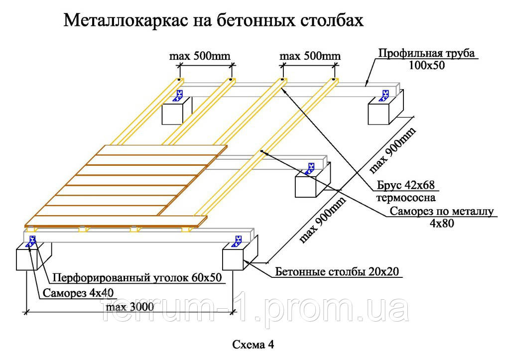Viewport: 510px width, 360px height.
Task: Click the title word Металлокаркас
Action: [126, 20]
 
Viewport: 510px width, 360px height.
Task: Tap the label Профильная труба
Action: [426, 53]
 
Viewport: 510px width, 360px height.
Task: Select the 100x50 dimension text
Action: [426, 65]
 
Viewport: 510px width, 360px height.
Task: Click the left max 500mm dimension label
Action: [200, 56]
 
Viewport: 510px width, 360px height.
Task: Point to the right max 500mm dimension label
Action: [310, 56]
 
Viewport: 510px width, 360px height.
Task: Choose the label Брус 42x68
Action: [405, 185]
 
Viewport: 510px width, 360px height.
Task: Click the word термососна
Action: [405, 198]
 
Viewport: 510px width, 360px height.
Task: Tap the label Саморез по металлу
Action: [442, 212]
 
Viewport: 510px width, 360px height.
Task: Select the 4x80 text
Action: [442, 224]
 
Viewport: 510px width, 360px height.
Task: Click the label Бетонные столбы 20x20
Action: [337, 271]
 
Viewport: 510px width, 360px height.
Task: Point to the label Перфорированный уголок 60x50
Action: [137, 277]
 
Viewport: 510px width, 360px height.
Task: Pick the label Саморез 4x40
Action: [78, 293]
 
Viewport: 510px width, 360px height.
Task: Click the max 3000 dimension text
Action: [130, 307]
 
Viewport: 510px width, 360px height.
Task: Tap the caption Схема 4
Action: [253, 345]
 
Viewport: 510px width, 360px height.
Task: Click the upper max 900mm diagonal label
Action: [392, 150]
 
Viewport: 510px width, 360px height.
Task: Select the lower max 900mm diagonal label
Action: [322, 220]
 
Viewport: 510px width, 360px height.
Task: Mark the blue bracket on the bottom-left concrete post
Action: [32, 241]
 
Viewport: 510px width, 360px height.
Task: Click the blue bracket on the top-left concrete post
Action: [179, 96]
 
